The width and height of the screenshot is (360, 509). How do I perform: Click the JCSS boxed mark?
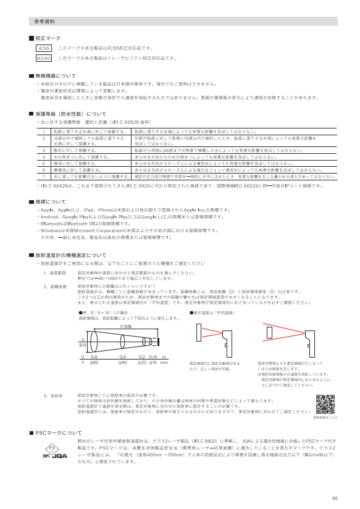tap(43, 48)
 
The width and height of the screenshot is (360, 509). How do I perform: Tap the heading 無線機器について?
tap(56, 75)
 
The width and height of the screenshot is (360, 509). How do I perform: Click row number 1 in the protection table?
tap(43, 132)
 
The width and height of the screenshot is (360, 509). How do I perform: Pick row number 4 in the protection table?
tap(43, 158)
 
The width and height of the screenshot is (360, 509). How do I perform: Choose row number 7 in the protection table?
tap(43, 176)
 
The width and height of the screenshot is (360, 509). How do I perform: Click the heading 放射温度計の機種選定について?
tap(70, 254)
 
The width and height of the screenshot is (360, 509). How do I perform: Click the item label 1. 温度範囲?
tap(54, 272)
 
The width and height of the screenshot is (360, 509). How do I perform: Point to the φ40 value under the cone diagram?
tap(123, 362)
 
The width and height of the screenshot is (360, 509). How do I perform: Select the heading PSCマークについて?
tap(59, 433)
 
